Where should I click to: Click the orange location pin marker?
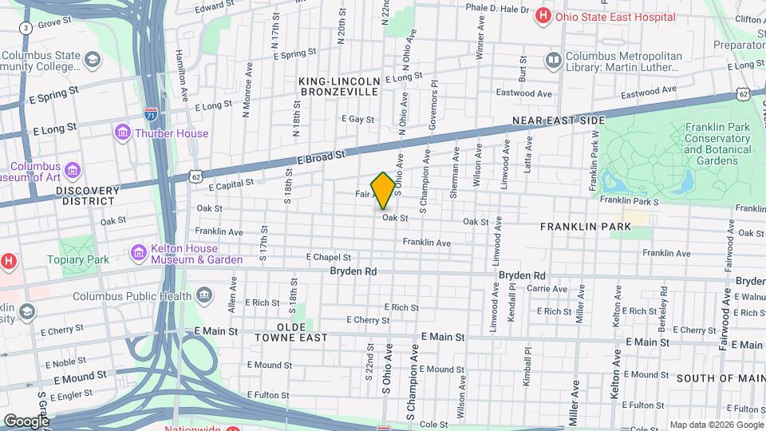383,190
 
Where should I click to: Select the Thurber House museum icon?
123,132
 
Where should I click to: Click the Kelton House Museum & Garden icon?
139,253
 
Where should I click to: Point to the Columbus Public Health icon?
204,296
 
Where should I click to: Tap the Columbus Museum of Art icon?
72,170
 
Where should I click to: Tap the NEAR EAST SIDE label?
558,120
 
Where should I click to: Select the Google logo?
26,421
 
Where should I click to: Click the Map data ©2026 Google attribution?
716,425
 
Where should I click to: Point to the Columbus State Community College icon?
93,59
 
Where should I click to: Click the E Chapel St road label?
329,257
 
